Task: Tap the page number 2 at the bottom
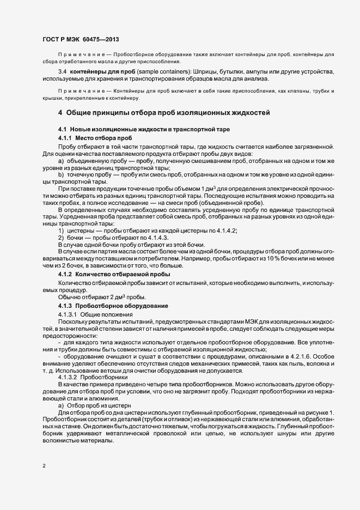[44, 466]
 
